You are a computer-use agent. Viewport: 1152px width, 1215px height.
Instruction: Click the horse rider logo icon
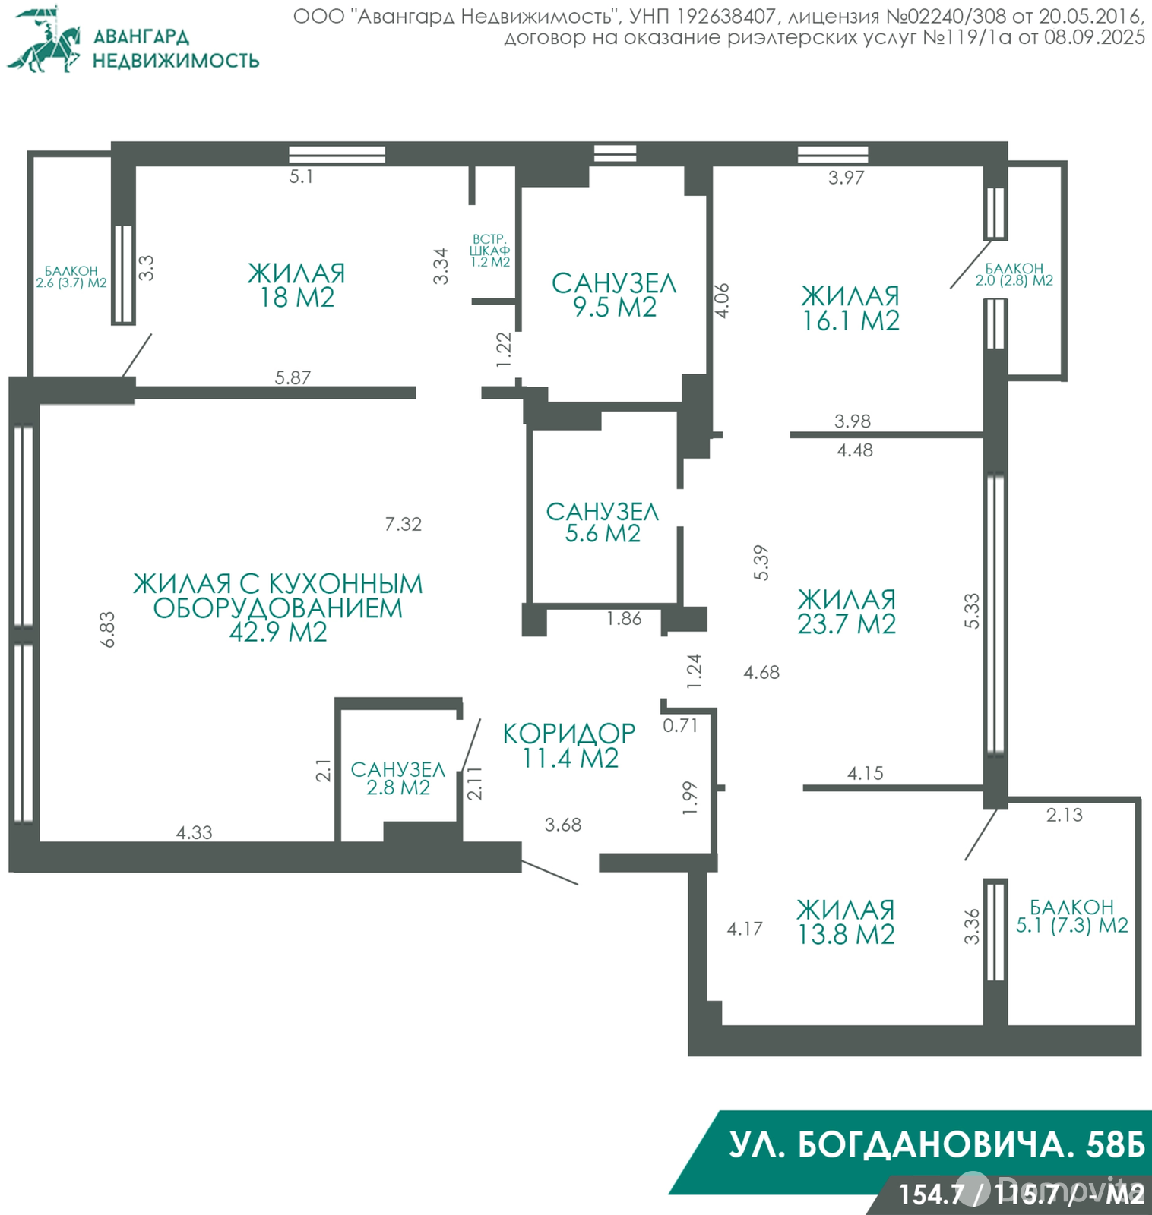[x=46, y=40]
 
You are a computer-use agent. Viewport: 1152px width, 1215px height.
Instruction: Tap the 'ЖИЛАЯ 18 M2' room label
[x=296, y=286]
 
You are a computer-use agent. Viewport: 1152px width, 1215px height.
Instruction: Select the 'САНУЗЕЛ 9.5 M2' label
[x=614, y=295]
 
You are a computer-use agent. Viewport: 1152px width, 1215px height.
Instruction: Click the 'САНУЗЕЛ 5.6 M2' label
[x=603, y=522]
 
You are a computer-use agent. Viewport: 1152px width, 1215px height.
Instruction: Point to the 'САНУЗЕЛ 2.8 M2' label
[x=397, y=778]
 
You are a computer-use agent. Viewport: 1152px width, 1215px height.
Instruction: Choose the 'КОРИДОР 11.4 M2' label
[x=569, y=746]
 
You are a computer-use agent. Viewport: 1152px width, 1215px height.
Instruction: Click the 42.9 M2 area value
[x=278, y=632]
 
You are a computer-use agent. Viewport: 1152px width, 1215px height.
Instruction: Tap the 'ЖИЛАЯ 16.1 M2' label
[x=850, y=308]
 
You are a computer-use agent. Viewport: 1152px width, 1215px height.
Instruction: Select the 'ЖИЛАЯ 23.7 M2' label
[x=847, y=612]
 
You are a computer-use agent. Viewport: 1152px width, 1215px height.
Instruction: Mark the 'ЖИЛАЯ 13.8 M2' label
[x=845, y=922]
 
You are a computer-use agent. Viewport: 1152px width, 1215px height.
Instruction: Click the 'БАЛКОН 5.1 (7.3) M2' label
[x=1071, y=917]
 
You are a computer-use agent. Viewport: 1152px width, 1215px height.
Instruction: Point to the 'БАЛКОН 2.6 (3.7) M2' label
[x=71, y=277]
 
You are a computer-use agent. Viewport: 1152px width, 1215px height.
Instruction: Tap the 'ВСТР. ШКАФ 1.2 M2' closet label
[x=490, y=251]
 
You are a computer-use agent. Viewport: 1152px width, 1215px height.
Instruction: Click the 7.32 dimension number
[x=403, y=524]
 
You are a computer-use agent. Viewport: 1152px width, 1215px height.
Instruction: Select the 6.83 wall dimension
[x=108, y=629]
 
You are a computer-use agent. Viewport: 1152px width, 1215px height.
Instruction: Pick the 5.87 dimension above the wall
[x=293, y=377]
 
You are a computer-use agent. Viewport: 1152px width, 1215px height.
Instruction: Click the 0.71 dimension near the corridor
[x=680, y=725]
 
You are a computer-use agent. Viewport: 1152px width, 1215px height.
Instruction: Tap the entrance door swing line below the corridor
[x=550, y=873]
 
